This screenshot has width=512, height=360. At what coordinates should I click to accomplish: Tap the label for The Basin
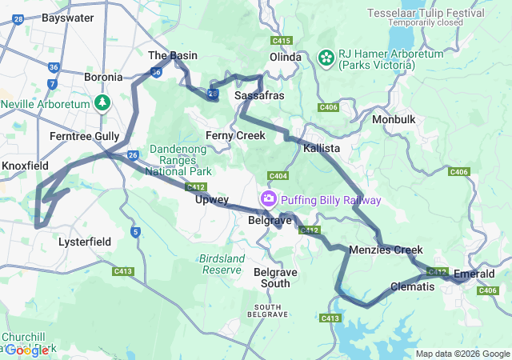tap(173, 55)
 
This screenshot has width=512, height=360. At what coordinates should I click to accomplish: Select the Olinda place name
tap(285, 57)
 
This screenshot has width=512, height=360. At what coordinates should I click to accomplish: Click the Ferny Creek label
tap(235, 135)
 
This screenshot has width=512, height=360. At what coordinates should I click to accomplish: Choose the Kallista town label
tap(322, 149)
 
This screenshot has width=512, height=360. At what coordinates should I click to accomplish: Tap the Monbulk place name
tap(394, 119)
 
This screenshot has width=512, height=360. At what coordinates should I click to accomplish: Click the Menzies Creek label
tap(386, 250)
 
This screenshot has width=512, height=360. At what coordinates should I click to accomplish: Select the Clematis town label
tap(413, 286)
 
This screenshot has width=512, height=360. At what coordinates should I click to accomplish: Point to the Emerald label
tap(474, 274)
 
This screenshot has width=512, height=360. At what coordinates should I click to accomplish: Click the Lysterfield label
tap(86, 241)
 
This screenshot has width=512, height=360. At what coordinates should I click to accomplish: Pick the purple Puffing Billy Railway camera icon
tap(270, 198)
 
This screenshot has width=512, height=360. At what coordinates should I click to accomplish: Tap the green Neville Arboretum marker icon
tap(102, 102)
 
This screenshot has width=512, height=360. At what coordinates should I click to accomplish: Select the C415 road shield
tap(281, 40)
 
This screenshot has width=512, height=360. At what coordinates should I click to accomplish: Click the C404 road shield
tap(278, 175)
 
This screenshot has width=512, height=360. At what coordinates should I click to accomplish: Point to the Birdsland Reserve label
tap(222, 264)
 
